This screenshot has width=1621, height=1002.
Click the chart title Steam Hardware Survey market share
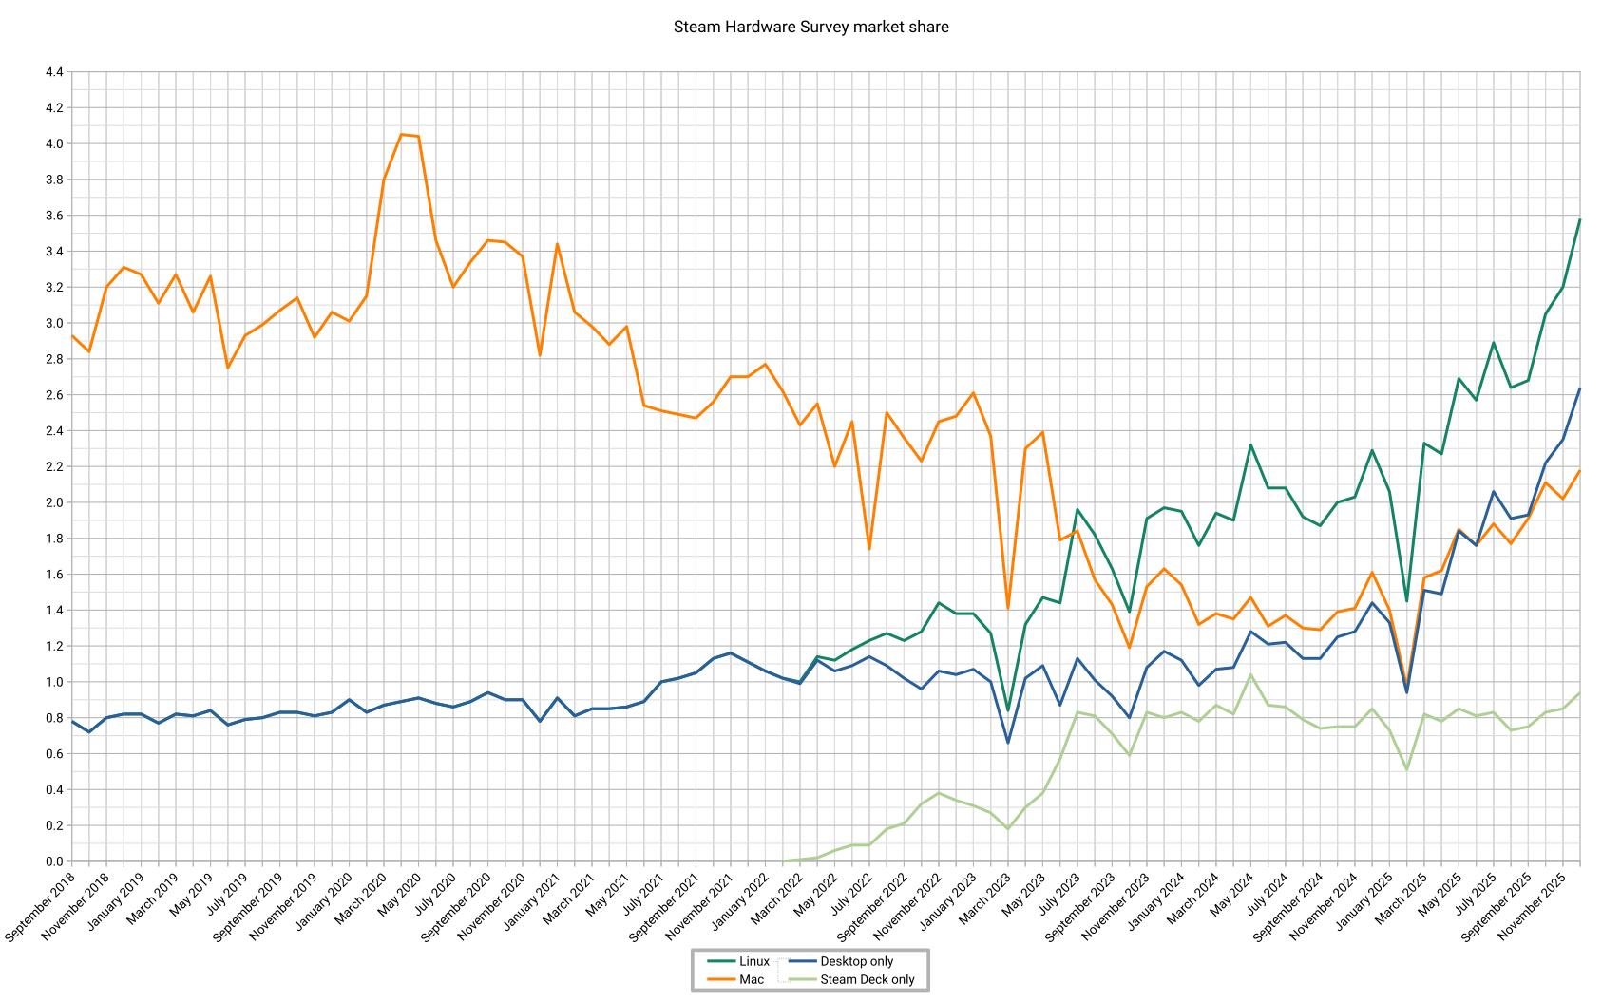pos(810,27)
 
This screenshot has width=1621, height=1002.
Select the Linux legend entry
pos(754,961)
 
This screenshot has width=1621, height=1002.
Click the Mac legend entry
pos(752,979)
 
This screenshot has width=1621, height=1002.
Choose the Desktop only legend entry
pos(856,961)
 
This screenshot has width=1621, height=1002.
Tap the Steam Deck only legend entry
pos(867,979)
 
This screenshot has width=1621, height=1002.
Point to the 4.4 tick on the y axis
pos(53,72)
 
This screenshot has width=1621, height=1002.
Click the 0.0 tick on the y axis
pos(53,861)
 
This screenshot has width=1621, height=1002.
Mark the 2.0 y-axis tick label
pos(53,502)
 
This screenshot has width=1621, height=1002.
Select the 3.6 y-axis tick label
pos(53,216)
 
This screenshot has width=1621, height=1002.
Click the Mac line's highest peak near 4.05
pos(401,135)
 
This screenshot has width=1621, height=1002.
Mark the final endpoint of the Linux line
pos(1579,220)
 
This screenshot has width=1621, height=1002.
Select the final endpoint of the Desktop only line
pos(1579,388)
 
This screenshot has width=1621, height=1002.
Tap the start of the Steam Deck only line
pos(783,860)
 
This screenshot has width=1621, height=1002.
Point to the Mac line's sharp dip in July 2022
pos(869,549)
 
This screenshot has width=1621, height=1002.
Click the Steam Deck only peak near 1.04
pos(1250,674)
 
